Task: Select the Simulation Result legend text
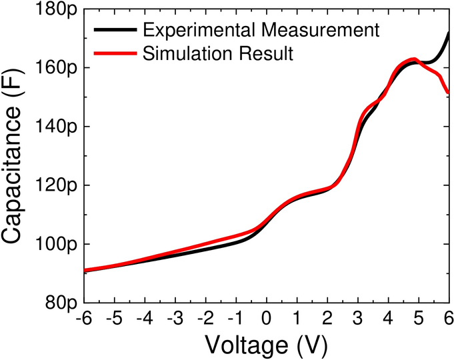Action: [x=218, y=54]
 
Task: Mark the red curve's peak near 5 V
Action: [x=414, y=59]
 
